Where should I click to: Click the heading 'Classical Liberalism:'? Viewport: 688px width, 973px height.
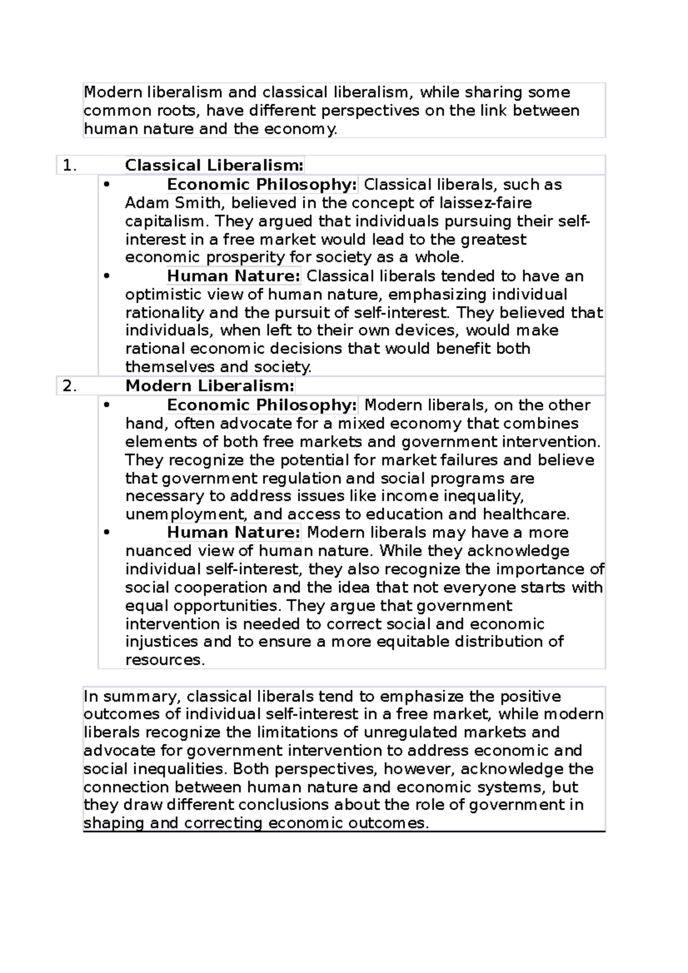214,166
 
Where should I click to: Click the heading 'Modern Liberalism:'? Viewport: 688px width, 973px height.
210,386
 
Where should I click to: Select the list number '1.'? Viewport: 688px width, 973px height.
69,166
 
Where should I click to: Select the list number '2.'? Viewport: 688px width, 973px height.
69,386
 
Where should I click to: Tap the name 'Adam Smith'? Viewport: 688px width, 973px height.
169,203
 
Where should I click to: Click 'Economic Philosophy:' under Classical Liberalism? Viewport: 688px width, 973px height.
262,185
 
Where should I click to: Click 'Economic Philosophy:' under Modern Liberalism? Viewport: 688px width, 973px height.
262,405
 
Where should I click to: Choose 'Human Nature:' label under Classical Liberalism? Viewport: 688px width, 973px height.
233,276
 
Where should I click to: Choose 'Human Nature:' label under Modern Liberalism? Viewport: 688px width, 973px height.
233,532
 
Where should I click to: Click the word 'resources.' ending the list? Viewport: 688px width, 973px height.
165,660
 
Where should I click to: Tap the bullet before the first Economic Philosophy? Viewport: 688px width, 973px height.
106,185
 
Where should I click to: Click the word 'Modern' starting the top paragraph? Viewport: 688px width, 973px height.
112,92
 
